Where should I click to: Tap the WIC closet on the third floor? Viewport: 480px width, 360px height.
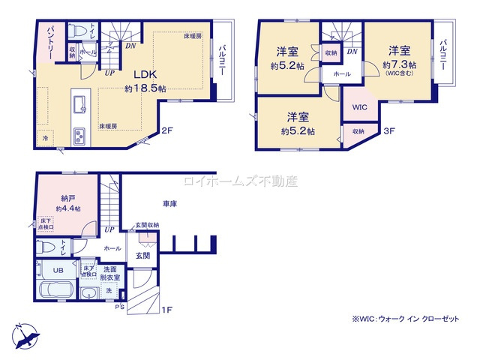click(x=358, y=106)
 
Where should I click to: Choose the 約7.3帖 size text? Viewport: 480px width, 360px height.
click(x=397, y=64)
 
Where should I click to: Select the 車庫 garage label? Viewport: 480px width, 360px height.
click(x=168, y=203)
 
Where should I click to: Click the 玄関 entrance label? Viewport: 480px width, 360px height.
click(x=142, y=255)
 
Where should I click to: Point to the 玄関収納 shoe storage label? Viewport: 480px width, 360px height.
click(x=146, y=224)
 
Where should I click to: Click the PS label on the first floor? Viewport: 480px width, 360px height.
click(x=119, y=307)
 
